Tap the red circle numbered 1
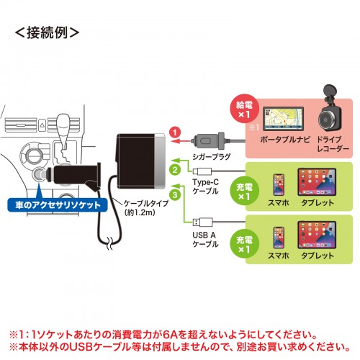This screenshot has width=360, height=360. [174, 132]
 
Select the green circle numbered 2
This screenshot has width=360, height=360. [174, 170]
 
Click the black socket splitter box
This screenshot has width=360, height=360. [139, 152]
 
